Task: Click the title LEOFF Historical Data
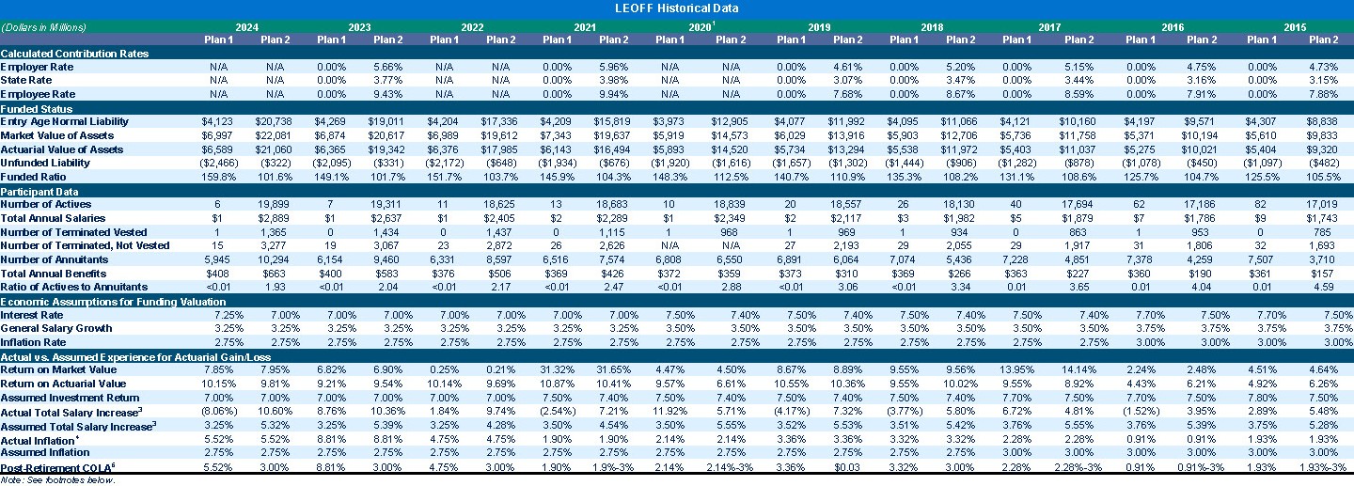coord(676,8)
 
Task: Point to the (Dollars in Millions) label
coord(44,27)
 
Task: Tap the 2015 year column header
coord(1295,27)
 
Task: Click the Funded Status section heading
coord(39,108)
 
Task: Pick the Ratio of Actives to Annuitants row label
coord(74,287)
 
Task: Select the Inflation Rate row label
coord(38,342)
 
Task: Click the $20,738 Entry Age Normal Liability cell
coord(275,122)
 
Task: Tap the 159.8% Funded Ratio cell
coord(218,177)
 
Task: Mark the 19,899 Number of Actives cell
coord(275,204)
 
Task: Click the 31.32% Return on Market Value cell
coord(557,369)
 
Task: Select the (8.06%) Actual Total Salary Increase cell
coord(218,411)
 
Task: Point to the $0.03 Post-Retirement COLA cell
coord(847,466)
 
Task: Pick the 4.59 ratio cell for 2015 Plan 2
coord(1323,287)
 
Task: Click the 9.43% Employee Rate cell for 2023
coord(387,94)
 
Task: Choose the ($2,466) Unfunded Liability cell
coord(218,164)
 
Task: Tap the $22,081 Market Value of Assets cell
coord(275,136)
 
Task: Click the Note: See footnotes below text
coord(58,479)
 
